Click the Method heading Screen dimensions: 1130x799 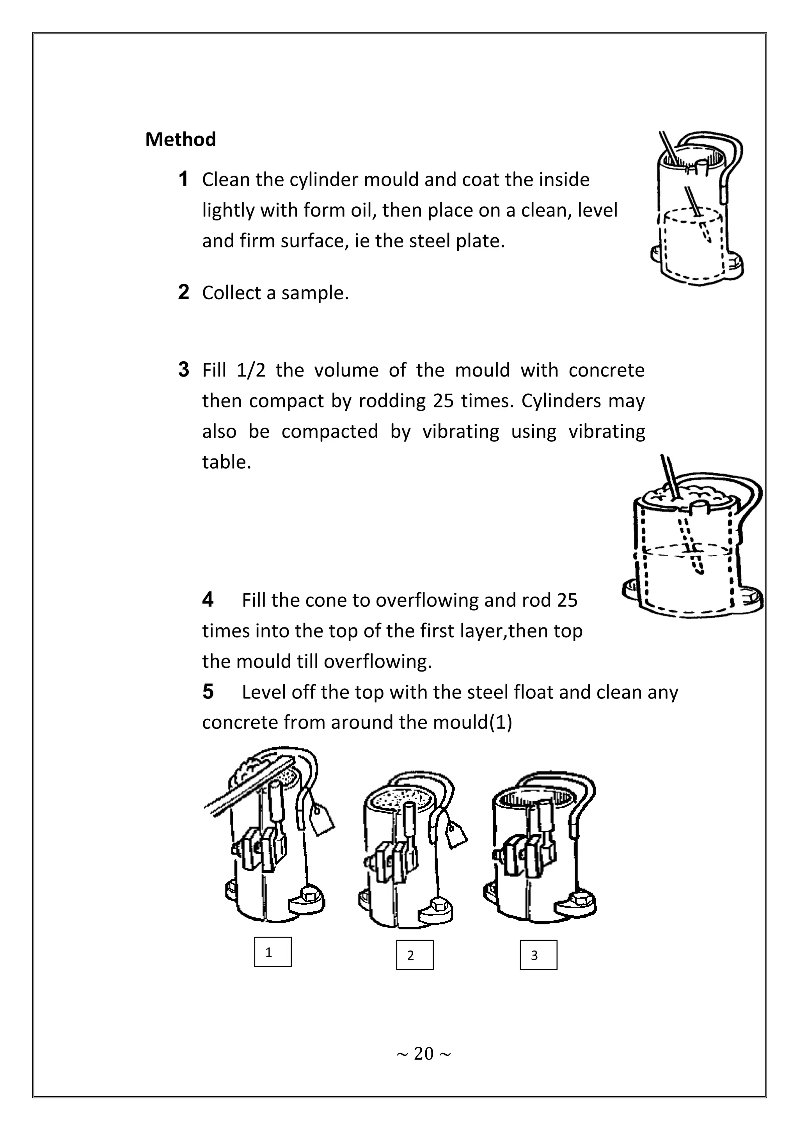click(x=180, y=140)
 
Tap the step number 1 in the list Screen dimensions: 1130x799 click(x=183, y=179)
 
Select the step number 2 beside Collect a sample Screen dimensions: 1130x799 click(x=183, y=292)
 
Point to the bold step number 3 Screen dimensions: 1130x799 click(x=183, y=370)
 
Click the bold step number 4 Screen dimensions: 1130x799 click(x=208, y=599)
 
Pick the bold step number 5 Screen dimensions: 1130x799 click(x=208, y=691)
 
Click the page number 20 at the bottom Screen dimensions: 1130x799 click(x=423, y=1054)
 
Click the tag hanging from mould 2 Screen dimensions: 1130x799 click(x=456, y=836)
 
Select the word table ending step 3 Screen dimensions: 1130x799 click(x=226, y=462)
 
